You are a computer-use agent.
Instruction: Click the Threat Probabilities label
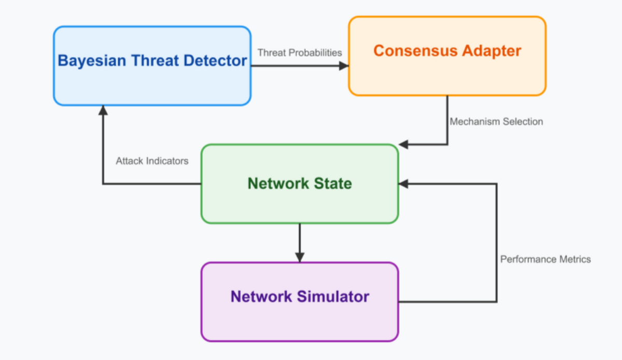pyautogui.click(x=300, y=52)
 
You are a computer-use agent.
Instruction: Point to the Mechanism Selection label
pyautogui.click(x=496, y=121)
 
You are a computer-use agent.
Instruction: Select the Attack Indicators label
pyautogui.click(x=152, y=161)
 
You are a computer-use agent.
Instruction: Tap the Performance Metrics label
pyautogui.click(x=545, y=259)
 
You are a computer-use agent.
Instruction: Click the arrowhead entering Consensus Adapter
pyautogui.click(x=344, y=66)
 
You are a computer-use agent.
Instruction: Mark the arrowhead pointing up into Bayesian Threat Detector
pyautogui.click(x=103, y=110)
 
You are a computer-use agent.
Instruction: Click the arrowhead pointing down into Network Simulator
pyautogui.click(x=300, y=257)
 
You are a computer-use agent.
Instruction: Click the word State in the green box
pyautogui.click(x=333, y=184)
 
